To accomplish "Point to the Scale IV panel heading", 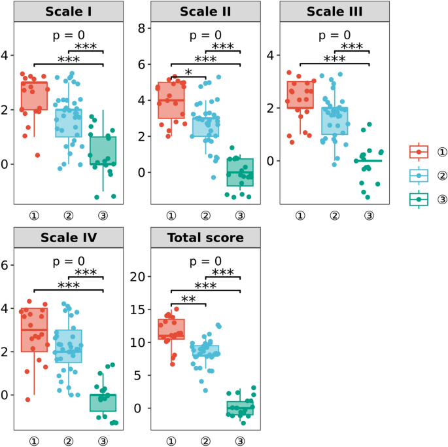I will [x=69, y=238].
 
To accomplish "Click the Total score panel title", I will [x=205, y=238].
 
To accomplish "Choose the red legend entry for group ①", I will [x=419, y=152].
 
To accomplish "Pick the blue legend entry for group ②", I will [x=419, y=175].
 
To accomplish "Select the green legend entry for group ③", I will [x=419, y=199].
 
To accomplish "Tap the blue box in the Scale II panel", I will [x=205, y=126].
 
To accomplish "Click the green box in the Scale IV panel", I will [x=103, y=402].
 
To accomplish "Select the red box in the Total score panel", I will [x=171, y=329].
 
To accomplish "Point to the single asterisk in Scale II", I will [x=188, y=71].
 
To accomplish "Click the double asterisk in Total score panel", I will [x=188, y=298].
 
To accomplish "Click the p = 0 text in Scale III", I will [x=334, y=35].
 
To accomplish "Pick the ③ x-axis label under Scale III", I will [x=369, y=215].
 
